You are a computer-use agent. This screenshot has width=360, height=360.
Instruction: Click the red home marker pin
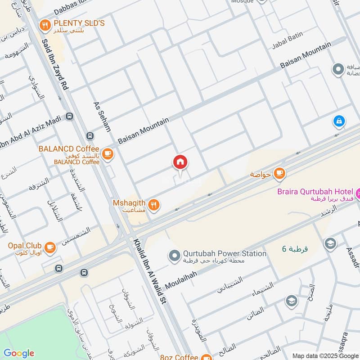point(180,162)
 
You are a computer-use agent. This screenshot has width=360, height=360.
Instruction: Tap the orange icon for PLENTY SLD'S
point(45,26)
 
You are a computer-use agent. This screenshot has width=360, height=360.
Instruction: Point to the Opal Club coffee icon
point(49,246)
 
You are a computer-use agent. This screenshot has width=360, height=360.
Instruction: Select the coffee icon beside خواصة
point(279,173)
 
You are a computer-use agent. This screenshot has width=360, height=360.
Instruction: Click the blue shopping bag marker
point(339,121)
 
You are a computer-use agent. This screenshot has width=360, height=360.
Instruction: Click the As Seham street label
point(102,116)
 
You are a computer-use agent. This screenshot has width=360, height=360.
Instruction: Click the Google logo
point(19,353)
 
